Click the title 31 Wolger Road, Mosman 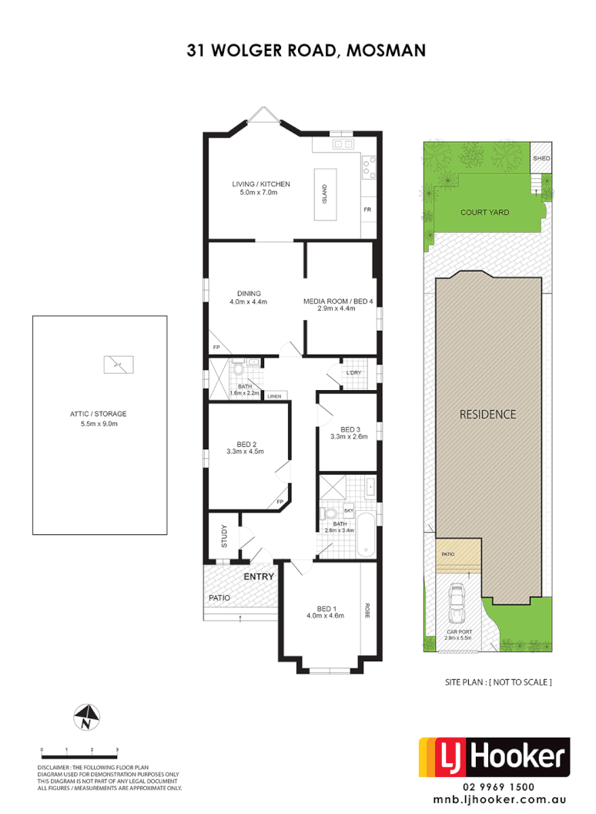tap(306, 51)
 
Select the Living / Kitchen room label tap(261, 184)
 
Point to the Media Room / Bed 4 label tap(338, 301)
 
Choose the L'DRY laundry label tap(353, 373)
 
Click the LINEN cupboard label tap(273, 396)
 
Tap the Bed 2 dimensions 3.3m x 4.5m tap(246, 452)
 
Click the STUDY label tap(225, 537)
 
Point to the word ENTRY tap(259, 577)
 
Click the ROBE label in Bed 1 tap(368, 611)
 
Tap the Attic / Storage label tap(98, 414)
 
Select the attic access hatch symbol tap(119, 364)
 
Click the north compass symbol tap(86, 718)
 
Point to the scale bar tap(79, 748)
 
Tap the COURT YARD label tap(484, 213)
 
